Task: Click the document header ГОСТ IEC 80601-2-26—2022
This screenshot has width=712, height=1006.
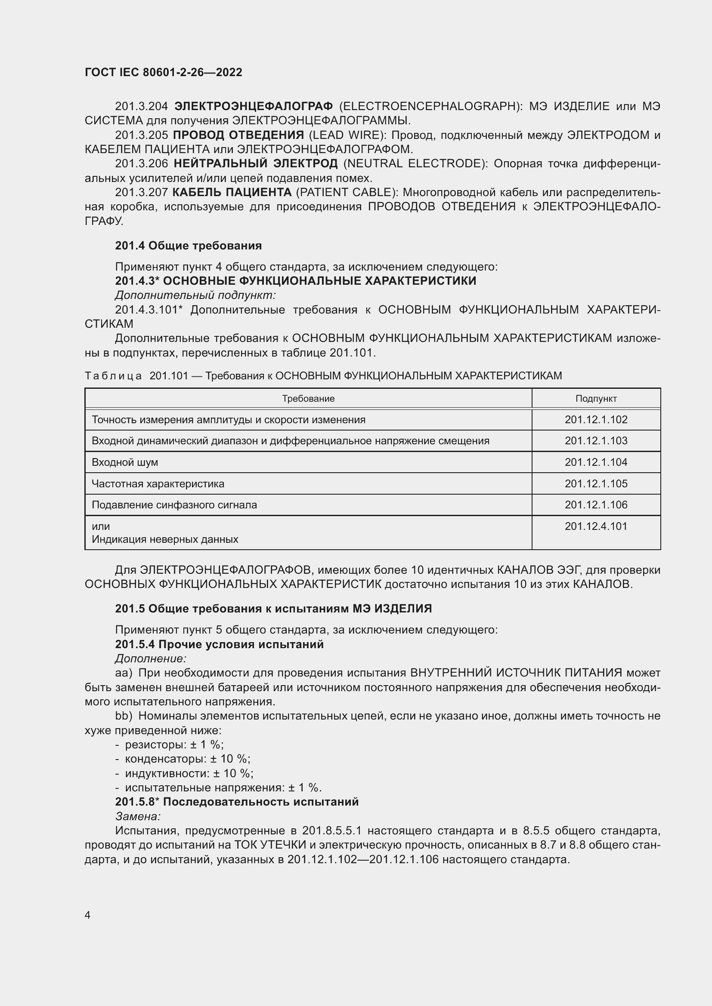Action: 163,72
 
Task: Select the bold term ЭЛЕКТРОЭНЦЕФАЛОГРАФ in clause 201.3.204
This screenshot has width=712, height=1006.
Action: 254,106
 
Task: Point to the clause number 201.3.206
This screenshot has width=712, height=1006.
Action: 141,163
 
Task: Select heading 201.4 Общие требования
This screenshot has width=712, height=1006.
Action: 188,245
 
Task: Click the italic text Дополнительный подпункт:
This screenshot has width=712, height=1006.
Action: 195,295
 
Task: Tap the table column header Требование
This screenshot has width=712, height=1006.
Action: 308,398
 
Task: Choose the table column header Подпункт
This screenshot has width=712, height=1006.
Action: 596,398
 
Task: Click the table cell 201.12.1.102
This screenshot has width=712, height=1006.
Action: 596,419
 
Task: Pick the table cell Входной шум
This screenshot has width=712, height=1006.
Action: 125,462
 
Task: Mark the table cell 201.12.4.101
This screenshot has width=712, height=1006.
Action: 596,526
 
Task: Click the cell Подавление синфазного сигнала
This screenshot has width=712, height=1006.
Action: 174,505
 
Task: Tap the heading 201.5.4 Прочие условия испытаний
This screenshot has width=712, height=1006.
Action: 219,644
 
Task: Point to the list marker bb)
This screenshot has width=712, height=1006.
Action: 124,716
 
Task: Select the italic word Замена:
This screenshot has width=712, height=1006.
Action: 138,816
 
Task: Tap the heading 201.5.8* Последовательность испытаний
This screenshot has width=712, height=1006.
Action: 237,801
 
